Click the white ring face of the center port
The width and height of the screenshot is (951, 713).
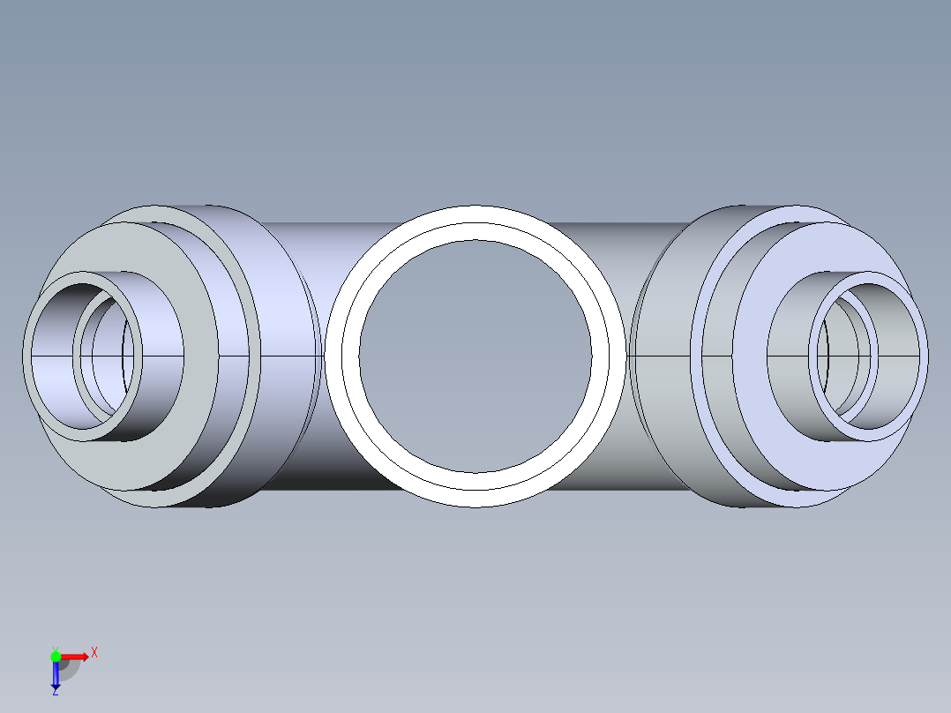coord(475,222)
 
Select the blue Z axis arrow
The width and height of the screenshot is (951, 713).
coord(56,674)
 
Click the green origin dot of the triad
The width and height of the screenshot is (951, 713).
coord(56,656)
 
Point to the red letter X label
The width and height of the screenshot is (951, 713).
coord(94,652)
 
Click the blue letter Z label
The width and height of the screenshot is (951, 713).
coord(55,692)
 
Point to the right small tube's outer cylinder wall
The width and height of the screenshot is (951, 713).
coord(794,415)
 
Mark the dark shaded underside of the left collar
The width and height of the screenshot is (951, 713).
coord(212,494)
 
